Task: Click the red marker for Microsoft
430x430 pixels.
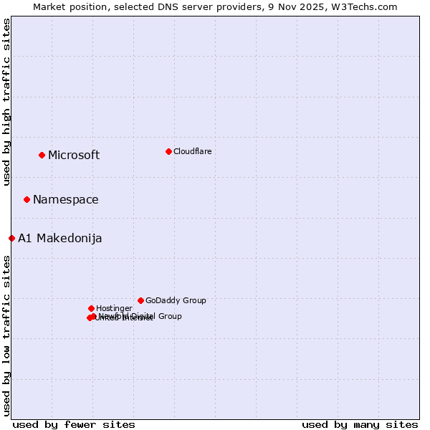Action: pyautogui.click(x=42, y=155)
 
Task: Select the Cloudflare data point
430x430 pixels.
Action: pyautogui.click(x=168, y=151)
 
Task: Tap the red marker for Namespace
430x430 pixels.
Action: pyautogui.click(x=27, y=199)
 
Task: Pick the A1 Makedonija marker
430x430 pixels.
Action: pyautogui.click(x=12, y=238)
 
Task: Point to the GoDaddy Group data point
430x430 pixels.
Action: pyautogui.click(x=140, y=300)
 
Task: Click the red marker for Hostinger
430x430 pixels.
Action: pyautogui.click(x=91, y=308)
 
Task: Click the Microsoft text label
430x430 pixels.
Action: pyautogui.click(x=74, y=156)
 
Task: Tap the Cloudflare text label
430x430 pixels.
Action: pyautogui.click(x=192, y=151)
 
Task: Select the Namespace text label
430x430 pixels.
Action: pyautogui.click(x=66, y=200)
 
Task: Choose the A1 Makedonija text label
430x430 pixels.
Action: pyautogui.click(x=60, y=239)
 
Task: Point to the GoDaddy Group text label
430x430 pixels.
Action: pyautogui.click(x=176, y=301)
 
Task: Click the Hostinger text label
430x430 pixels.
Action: pyautogui.click(x=114, y=309)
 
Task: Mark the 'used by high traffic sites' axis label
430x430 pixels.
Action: pyautogui.click(x=7, y=102)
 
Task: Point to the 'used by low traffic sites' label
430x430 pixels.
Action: pyautogui.click(x=7, y=335)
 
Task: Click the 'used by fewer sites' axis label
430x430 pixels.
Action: pyautogui.click(x=74, y=424)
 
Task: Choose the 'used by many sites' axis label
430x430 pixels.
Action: pyautogui.click(x=360, y=424)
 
